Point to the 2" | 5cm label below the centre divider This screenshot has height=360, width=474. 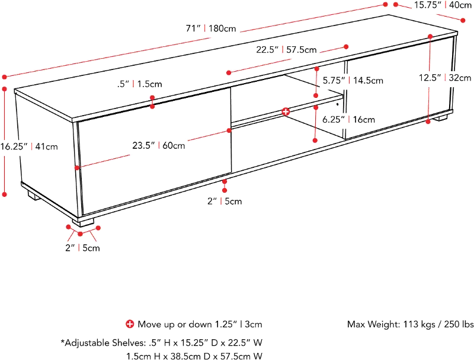pyautogui.click(x=224, y=201)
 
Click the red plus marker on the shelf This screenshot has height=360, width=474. pyautogui.click(x=286, y=111)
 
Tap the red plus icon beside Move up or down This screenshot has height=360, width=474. pyautogui.click(x=130, y=324)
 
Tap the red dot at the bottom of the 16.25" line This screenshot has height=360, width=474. pyautogui.click(x=5, y=194)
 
